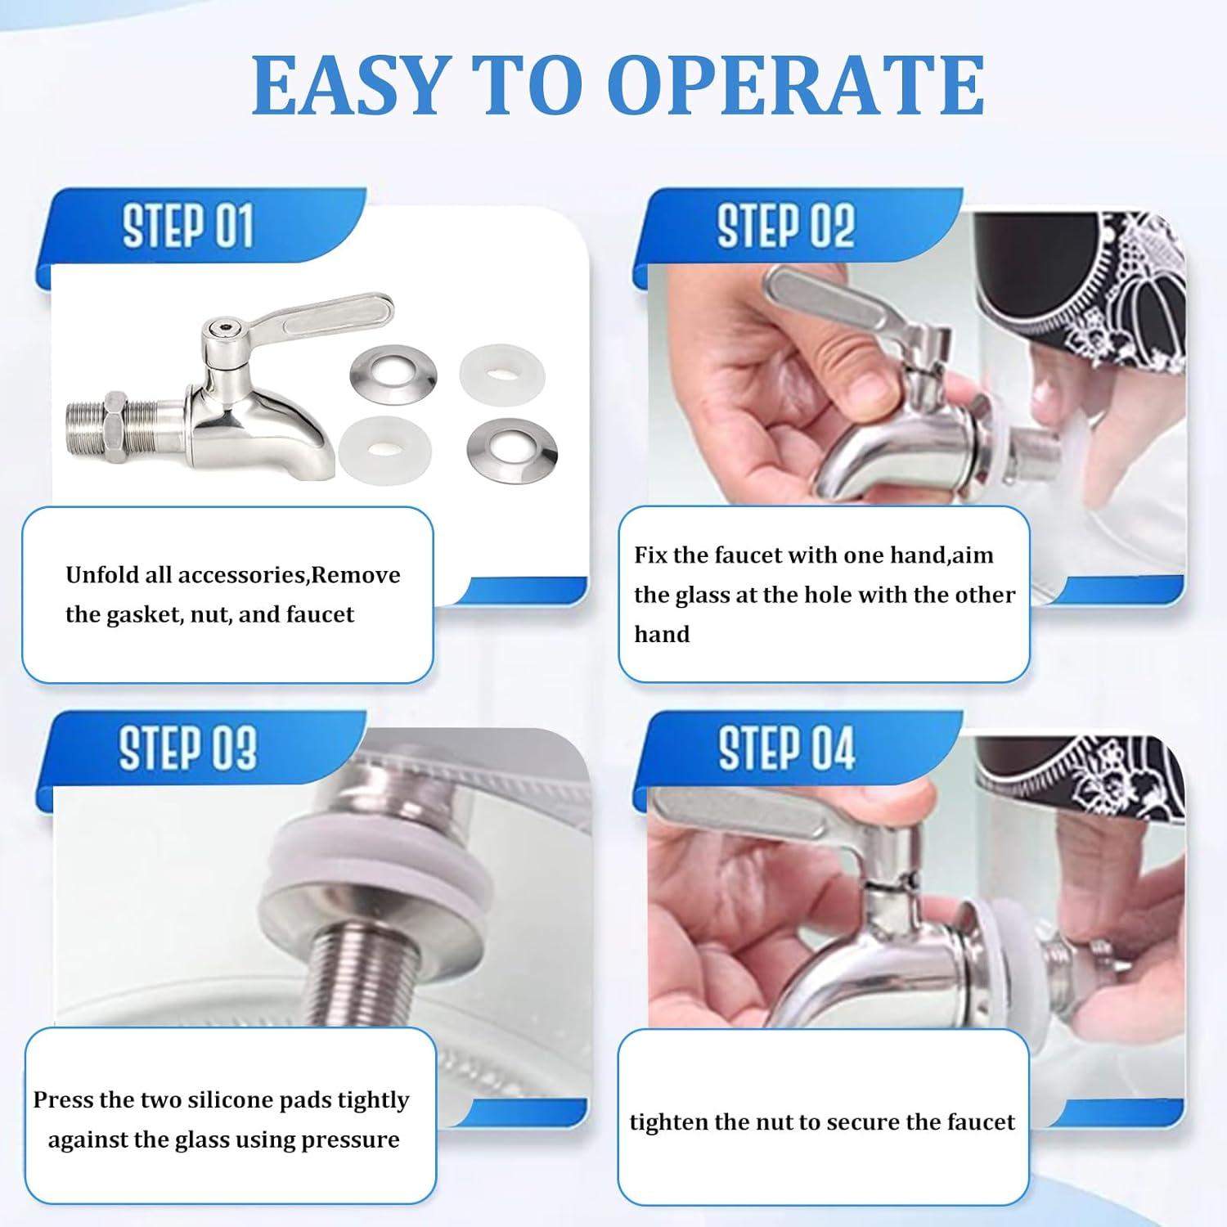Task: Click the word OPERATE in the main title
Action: (x=798, y=86)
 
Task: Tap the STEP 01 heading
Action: (x=187, y=226)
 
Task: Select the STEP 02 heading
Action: (x=785, y=226)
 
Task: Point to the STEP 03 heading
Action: (x=187, y=748)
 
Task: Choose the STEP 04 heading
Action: (x=785, y=748)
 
